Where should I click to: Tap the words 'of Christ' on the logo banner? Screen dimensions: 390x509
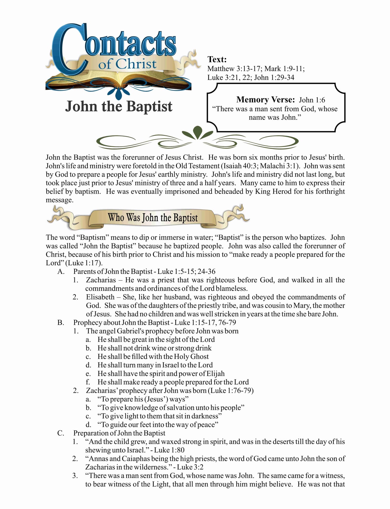(127, 65)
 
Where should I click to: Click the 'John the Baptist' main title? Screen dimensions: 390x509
(119, 106)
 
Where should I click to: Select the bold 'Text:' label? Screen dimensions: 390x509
(217, 59)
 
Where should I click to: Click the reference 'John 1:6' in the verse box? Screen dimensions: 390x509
(312, 100)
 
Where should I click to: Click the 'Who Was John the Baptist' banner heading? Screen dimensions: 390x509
(153, 218)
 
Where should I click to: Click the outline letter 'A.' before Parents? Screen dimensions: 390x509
(61, 272)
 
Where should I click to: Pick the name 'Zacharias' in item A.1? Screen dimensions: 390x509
(101, 280)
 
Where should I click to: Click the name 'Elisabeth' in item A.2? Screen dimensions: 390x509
(100, 297)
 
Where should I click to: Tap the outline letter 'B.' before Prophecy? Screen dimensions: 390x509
(61, 323)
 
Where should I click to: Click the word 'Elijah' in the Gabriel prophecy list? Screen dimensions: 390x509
(215, 374)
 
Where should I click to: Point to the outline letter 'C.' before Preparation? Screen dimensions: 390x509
(61, 433)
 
